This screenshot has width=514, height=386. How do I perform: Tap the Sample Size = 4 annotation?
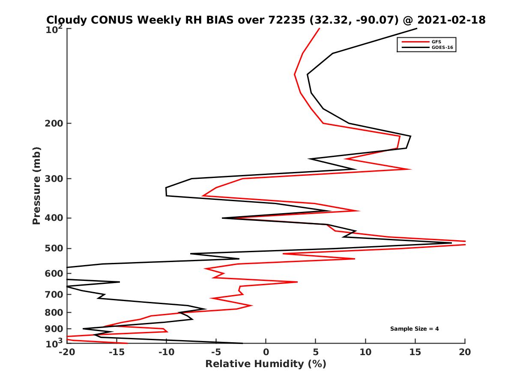coord(414,329)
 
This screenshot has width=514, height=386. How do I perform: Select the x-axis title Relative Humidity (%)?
coord(266,364)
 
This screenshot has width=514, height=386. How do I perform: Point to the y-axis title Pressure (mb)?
coord(36,185)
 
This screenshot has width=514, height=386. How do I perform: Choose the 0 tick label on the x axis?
coord(266,352)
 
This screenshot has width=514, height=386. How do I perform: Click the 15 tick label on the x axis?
coord(415,352)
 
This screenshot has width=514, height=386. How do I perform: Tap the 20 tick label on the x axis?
coord(465,352)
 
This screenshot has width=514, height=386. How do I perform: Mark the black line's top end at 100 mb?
coord(417,29)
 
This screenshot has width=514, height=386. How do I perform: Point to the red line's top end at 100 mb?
coord(320,29)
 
